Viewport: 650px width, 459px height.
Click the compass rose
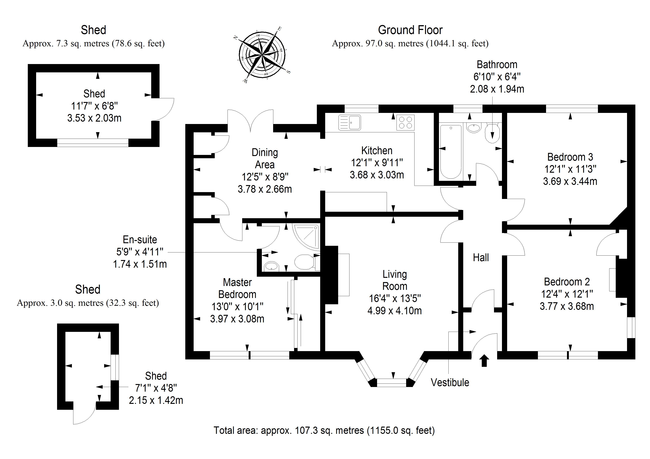click(262, 55)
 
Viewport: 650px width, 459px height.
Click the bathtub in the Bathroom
click(451, 151)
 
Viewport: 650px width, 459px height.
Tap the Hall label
click(481, 258)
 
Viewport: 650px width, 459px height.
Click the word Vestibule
click(450, 382)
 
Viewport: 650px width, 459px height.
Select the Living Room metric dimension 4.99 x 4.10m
click(394, 311)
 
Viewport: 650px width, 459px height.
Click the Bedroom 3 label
click(570, 157)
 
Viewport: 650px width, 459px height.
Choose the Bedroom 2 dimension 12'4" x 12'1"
click(567, 294)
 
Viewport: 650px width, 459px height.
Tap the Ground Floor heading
click(410, 30)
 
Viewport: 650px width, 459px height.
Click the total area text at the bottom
click(324, 430)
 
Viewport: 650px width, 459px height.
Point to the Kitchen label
click(377, 150)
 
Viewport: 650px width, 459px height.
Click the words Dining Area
click(265, 158)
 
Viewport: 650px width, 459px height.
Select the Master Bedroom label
click(237, 288)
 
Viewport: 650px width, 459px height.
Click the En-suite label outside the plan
click(140, 239)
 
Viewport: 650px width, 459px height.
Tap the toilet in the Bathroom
click(493, 133)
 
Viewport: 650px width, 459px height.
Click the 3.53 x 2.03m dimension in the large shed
click(94, 118)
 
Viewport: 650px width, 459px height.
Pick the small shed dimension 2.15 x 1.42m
click(156, 400)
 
